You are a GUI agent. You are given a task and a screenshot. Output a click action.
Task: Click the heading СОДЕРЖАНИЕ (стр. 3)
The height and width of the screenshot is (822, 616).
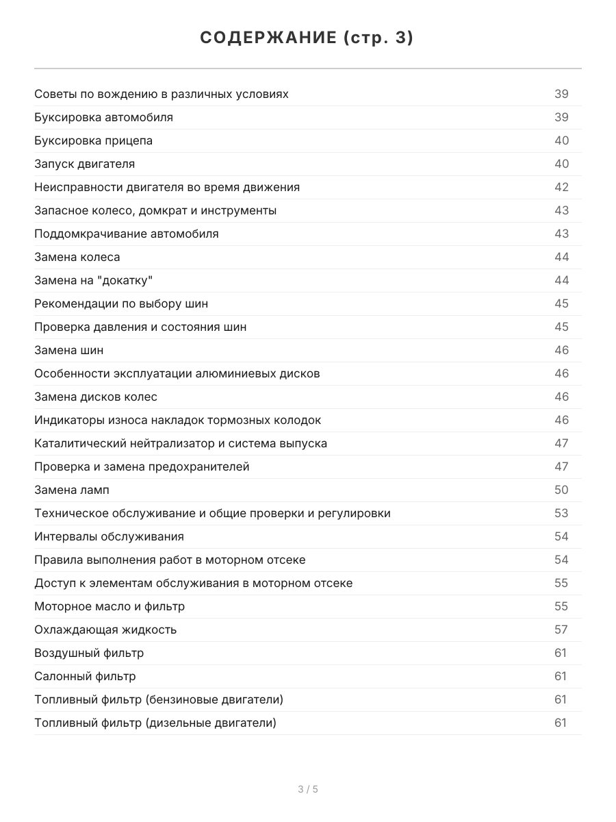pos(307,38)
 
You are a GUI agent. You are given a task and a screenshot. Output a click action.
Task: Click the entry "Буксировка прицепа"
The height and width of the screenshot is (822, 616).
pos(93,140)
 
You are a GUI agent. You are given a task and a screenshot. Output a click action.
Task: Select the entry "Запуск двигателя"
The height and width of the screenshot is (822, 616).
pos(84,164)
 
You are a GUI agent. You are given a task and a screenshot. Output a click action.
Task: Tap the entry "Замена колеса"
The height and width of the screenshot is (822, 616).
pos(77,257)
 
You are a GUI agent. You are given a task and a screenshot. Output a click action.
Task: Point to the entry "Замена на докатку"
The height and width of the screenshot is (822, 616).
pos(93,280)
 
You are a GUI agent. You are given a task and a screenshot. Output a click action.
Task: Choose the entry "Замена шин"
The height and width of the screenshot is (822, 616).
pos(68,350)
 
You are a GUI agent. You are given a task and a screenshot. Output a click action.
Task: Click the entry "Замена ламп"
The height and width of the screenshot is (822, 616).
pos(71,490)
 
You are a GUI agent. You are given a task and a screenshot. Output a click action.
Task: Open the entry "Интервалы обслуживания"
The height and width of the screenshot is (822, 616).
pos(109,536)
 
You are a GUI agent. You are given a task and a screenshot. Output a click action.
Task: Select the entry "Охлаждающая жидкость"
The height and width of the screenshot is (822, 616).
pos(105,630)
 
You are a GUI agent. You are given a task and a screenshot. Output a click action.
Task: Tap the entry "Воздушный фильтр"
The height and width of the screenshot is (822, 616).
pos(89,653)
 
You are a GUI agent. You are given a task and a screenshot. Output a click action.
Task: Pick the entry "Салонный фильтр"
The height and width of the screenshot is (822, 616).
pos(85,676)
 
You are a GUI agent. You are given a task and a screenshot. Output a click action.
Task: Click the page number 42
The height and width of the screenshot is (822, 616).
pos(561,187)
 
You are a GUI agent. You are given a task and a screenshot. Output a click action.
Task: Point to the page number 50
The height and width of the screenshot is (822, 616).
pos(561,490)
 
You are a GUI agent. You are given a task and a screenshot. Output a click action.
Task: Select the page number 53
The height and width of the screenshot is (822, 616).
pos(561,513)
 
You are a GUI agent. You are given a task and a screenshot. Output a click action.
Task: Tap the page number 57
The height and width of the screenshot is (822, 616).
pos(561,630)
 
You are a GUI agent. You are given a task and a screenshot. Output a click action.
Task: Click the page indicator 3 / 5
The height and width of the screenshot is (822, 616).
pos(308,789)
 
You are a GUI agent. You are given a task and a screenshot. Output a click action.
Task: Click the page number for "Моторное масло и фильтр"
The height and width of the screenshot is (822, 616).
pos(561,606)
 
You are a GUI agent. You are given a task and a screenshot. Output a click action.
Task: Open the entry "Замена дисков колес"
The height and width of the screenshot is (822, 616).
pos(96,397)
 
